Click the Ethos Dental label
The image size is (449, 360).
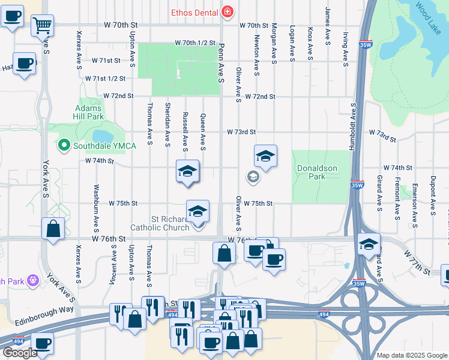[193, 11]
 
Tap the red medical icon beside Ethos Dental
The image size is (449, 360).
[228, 11]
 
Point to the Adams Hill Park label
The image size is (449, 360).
[89, 112]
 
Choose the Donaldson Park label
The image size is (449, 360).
[317, 172]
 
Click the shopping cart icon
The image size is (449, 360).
[43, 25]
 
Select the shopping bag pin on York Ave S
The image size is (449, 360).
[53, 228]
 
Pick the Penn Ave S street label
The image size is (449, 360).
[221, 63]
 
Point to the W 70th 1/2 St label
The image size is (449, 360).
[195, 43]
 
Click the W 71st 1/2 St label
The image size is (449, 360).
[105, 79]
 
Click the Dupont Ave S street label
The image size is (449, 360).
[432, 196]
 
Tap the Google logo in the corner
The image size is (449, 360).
[20, 353]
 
